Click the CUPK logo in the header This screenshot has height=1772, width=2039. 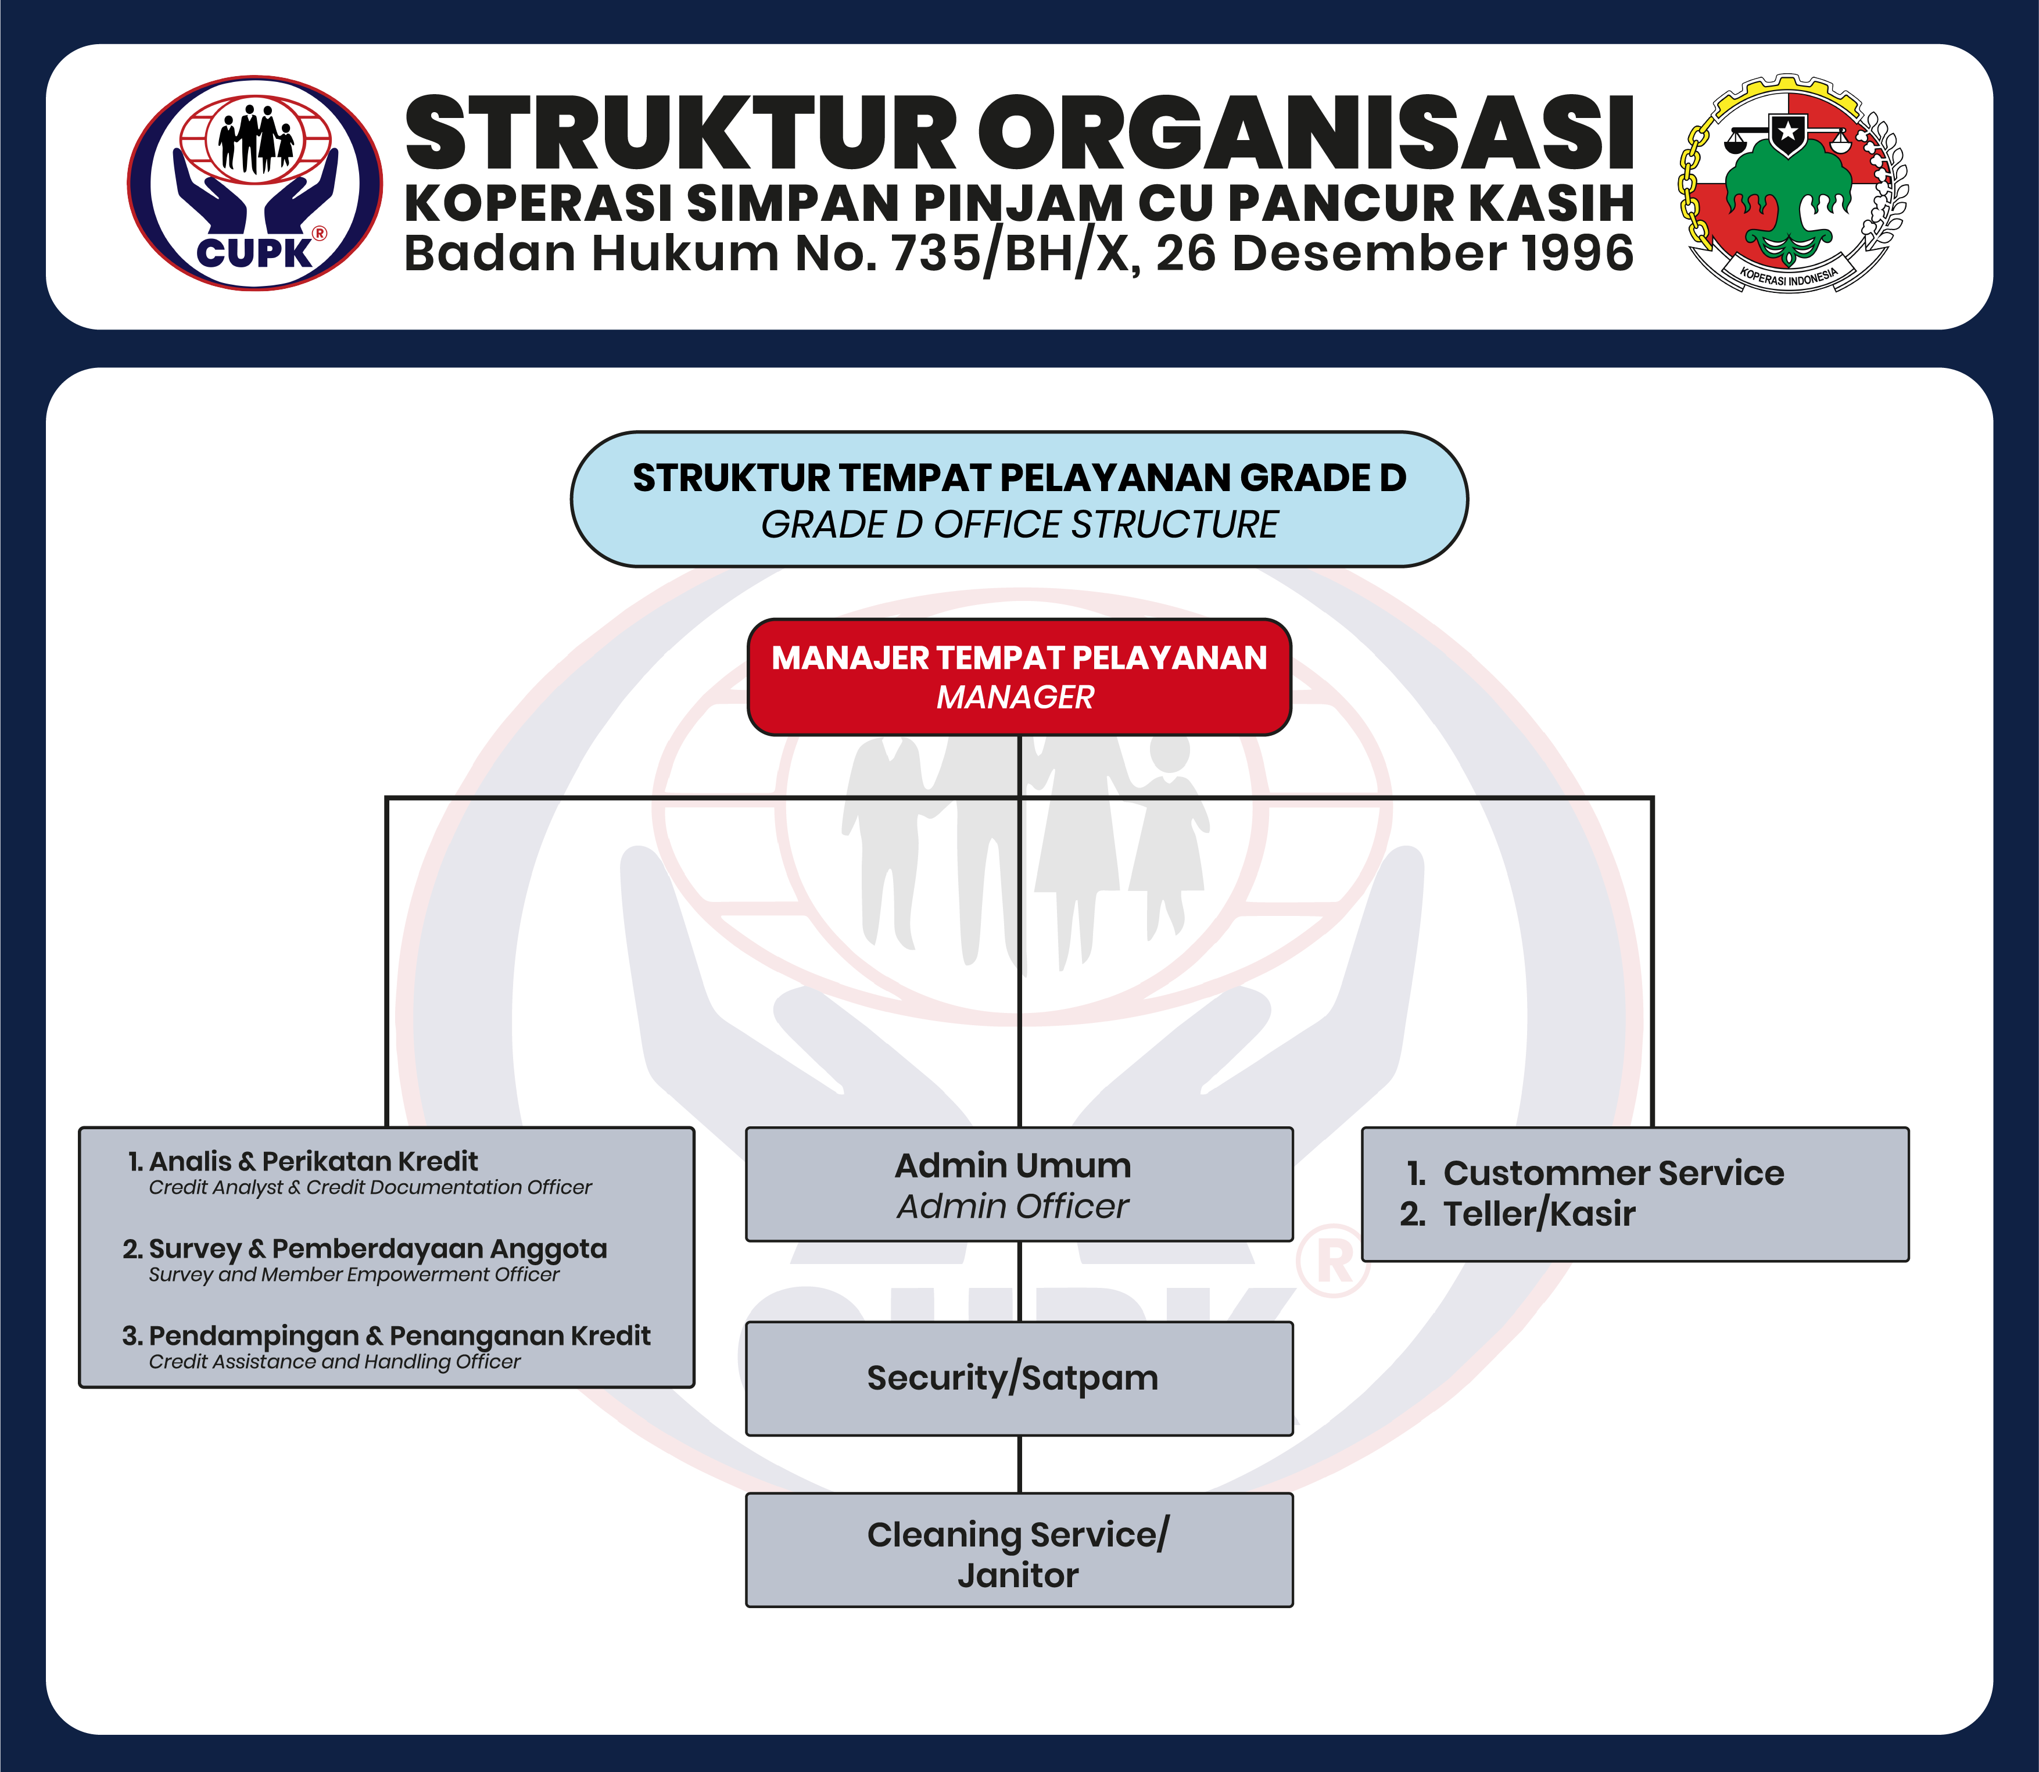pos(255,184)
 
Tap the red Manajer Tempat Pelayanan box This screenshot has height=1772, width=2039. pos(1019,677)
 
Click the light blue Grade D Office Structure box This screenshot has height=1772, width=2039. pos(1019,499)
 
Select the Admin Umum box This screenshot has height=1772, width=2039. pos(1019,1184)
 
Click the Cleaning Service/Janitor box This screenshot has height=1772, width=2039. pos(1019,1549)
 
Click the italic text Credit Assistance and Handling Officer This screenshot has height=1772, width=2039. pos(334,1362)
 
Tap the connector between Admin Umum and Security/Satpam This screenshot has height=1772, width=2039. pos(1019,1281)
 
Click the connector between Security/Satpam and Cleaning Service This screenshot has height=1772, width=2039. pos(1019,1465)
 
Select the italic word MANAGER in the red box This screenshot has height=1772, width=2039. pos(1016,697)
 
